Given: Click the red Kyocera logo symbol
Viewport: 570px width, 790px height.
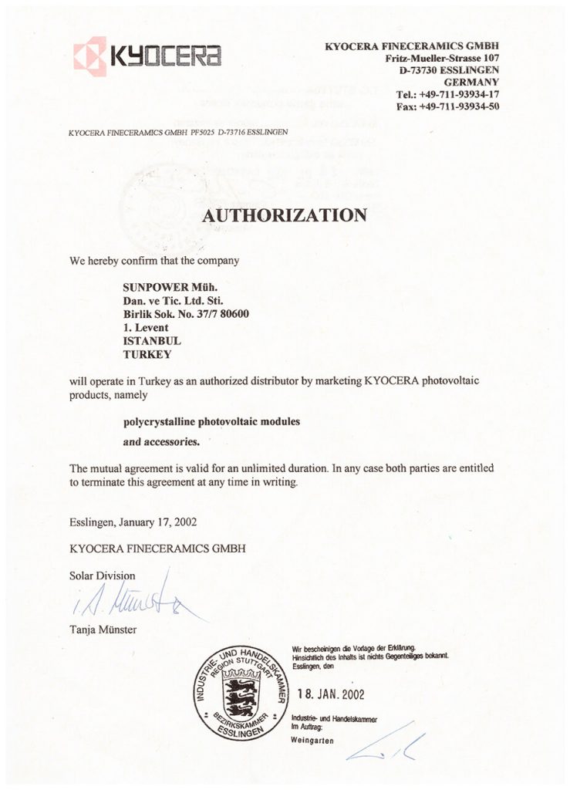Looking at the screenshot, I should [90, 56].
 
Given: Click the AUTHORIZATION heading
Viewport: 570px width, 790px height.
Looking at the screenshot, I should [284, 215].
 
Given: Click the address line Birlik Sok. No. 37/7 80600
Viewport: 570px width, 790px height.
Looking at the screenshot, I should [186, 313].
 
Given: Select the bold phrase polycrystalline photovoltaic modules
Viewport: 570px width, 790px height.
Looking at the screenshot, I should [211, 421].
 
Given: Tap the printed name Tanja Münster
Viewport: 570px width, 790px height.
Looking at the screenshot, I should [103, 630].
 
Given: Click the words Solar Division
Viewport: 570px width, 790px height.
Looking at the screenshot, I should [102, 576].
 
